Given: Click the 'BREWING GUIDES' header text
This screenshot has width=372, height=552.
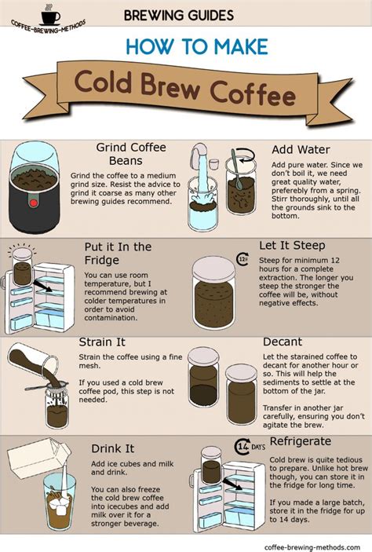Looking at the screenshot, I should pyautogui.click(x=178, y=15).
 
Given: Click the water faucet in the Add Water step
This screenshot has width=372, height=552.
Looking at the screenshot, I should pyautogui.click(x=201, y=157).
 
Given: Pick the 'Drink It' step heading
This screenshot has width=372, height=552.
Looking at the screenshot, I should pyautogui.click(x=112, y=448).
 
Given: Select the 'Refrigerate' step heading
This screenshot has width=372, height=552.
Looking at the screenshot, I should pyautogui.click(x=299, y=441).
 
